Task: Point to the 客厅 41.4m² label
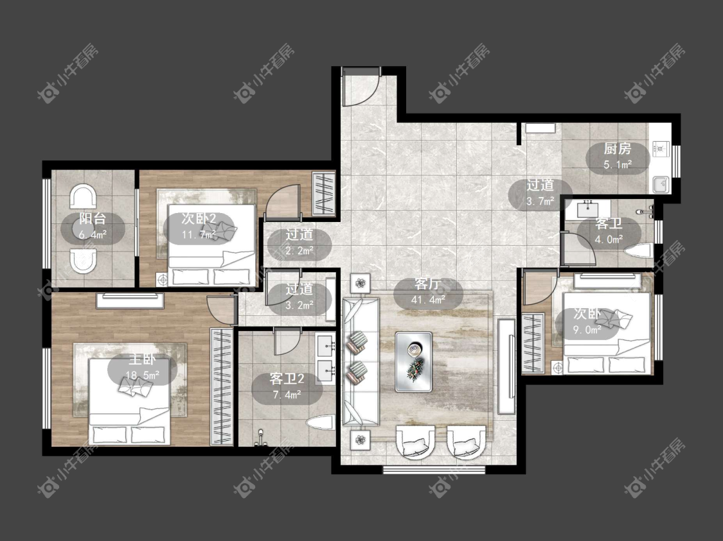pyautogui.click(x=428, y=292)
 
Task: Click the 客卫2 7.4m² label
pyautogui.click(x=287, y=386)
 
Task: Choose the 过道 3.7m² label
pyautogui.click(x=540, y=193)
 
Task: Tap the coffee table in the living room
pyautogui.click(x=414, y=361)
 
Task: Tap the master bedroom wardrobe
pyautogui.click(x=222, y=386)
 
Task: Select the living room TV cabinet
pyautogui.click(x=506, y=366)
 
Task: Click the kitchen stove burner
pyautogui.click(x=660, y=148)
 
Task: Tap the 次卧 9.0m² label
pyautogui.click(x=587, y=322)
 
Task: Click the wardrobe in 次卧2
pyautogui.click(x=324, y=193)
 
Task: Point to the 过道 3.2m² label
pyautogui.click(x=299, y=297)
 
